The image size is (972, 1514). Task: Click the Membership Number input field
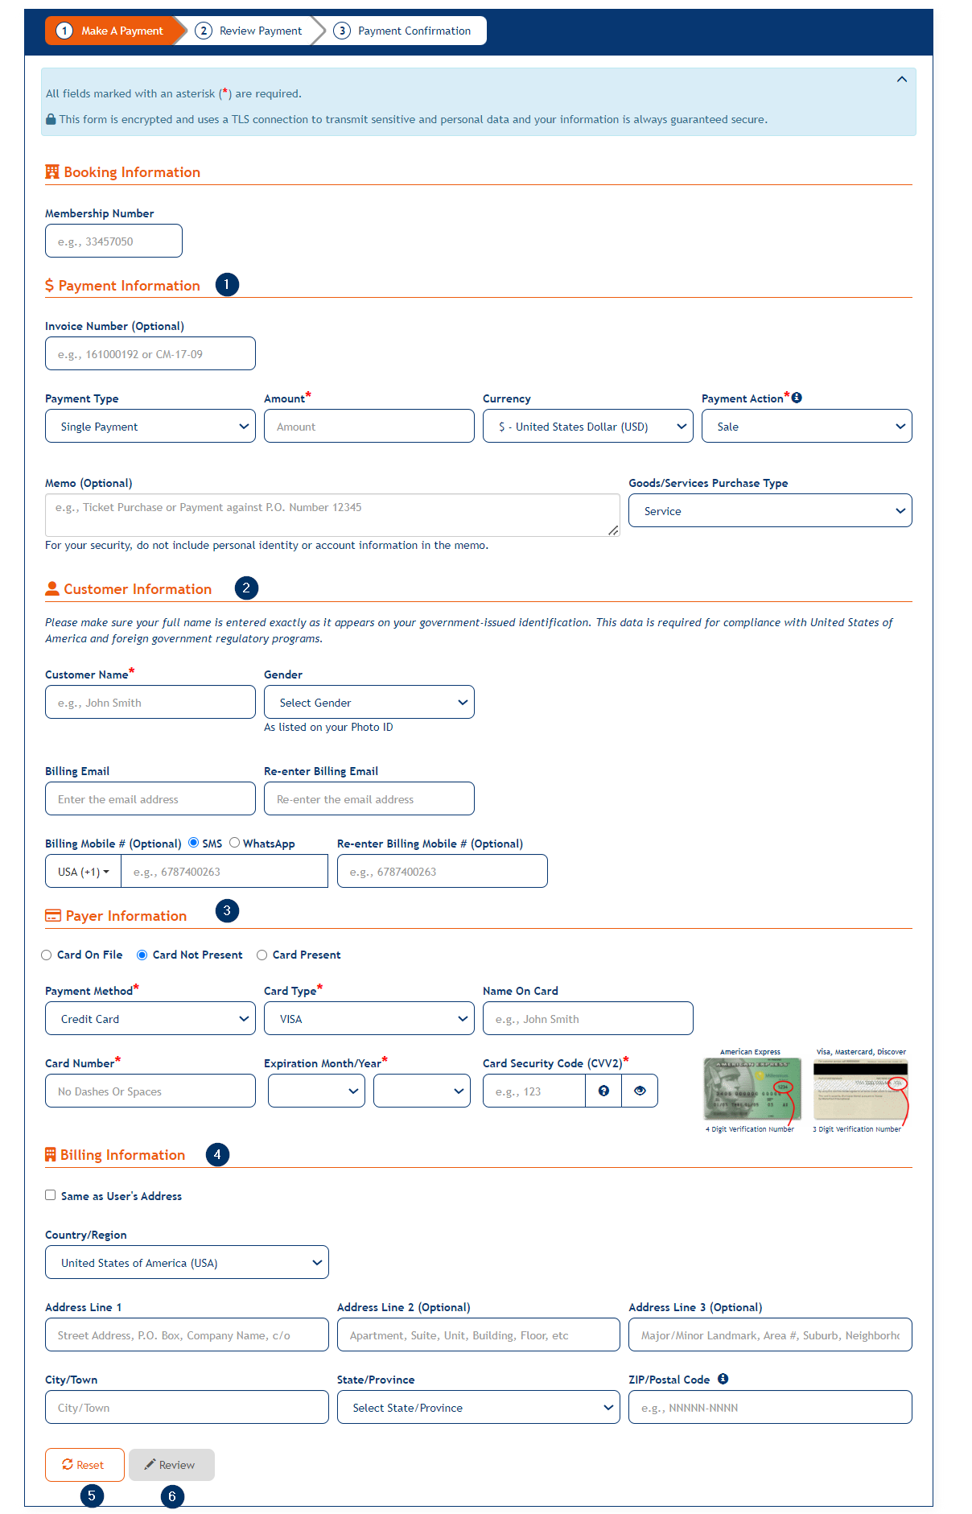pos(113,241)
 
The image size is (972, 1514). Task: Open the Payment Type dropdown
pos(150,427)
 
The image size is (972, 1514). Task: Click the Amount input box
pos(369,427)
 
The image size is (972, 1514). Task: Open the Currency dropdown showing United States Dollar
pos(587,427)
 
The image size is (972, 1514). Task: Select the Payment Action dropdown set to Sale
pos(806,427)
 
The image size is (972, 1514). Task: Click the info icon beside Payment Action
pos(797,398)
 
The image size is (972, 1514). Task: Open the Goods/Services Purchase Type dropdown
pos(770,511)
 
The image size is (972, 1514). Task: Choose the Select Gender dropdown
pos(369,703)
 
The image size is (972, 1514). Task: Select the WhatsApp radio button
pos(235,843)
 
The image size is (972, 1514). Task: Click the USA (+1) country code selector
pos(83,872)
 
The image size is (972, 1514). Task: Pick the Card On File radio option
pos(47,955)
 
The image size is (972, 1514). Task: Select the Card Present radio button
pos(262,955)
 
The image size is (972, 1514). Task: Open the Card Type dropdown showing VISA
pos(369,1019)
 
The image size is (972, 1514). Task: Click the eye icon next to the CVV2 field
pos(640,1091)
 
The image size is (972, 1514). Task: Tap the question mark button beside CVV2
pos(603,1091)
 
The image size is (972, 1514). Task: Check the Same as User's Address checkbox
pos(51,1195)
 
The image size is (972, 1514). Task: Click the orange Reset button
pos(84,1465)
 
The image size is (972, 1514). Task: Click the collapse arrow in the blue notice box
pos(902,79)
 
